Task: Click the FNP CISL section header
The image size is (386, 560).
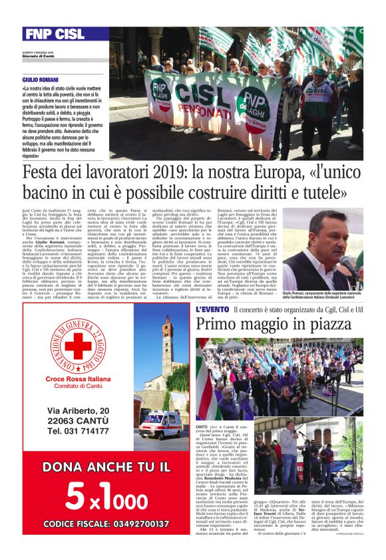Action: tap(54, 34)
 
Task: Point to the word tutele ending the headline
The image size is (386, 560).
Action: tap(319, 194)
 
